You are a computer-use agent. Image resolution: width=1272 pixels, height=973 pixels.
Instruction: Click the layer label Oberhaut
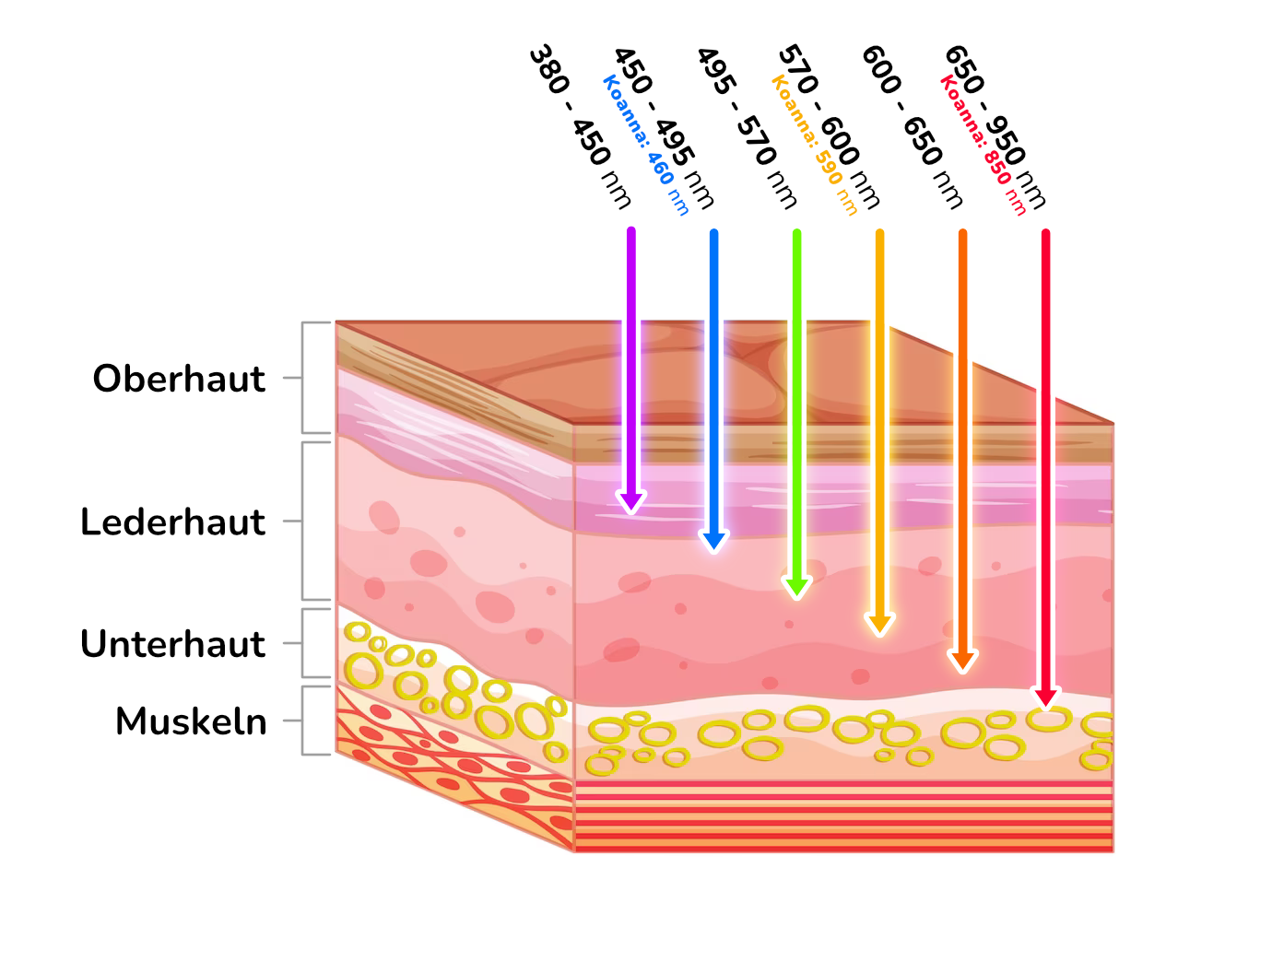coord(179,380)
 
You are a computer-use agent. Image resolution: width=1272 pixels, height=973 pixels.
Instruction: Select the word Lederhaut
coord(172,522)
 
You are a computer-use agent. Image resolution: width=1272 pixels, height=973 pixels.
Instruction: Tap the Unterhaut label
coord(172,644)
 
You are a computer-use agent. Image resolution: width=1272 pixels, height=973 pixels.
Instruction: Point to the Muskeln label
coord(191,722)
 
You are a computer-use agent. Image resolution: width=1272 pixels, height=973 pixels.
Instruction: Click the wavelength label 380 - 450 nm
coord(580,126)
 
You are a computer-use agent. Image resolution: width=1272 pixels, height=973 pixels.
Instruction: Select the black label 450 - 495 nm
coord(664,127)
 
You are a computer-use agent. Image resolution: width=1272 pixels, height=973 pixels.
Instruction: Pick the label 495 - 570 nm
coord(747,127)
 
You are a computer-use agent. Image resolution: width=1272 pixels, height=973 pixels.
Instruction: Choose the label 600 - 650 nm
coord(913,126)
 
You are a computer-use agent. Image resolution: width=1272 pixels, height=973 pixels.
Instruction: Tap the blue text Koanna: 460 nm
coord(646,145)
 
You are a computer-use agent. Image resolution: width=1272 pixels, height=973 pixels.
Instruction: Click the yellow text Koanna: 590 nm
coord(814,145)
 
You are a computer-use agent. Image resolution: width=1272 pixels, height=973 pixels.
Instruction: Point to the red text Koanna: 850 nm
coord(983,145)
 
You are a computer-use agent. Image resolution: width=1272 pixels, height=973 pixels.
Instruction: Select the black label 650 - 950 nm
coord(995,126)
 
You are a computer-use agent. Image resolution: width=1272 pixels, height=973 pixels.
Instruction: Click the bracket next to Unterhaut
coord(302,643)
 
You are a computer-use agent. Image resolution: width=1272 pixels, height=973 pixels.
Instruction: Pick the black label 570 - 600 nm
coord(830,126)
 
